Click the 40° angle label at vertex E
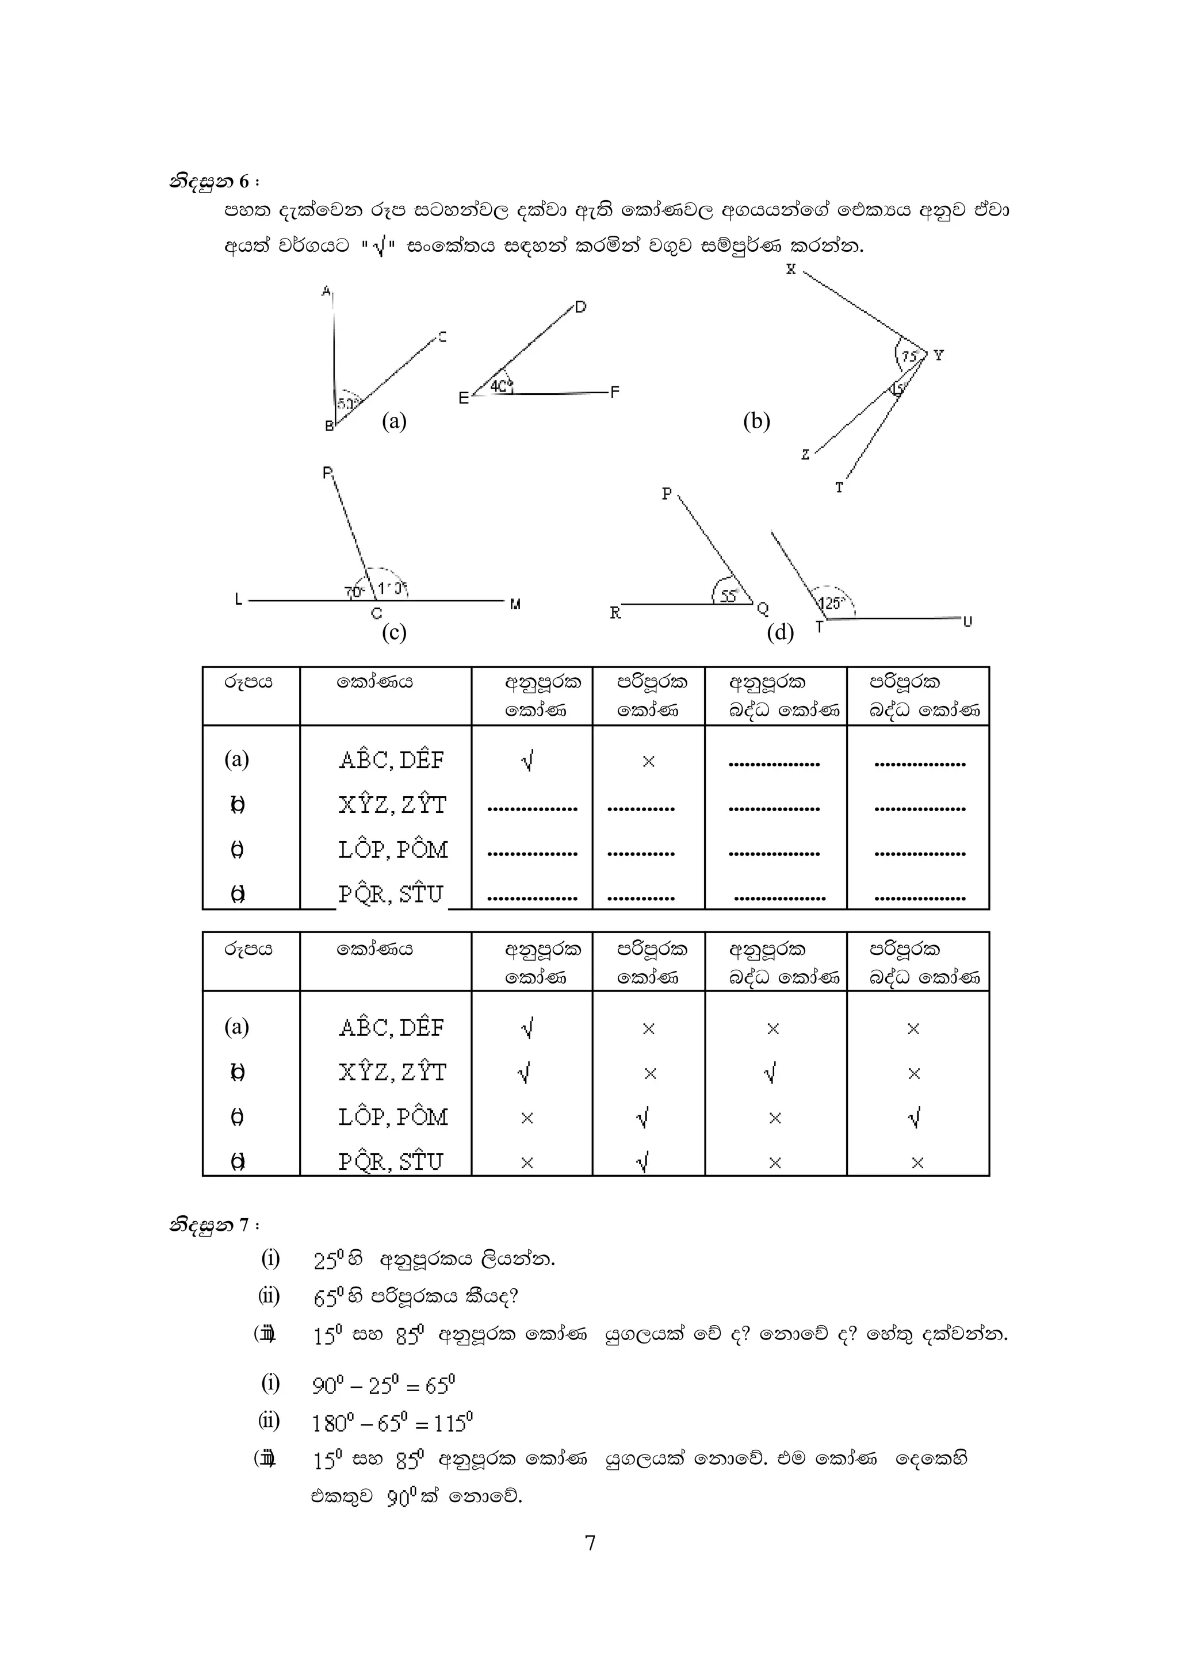[501, 386]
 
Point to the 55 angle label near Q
[729, 596]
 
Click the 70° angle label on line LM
[354, 592]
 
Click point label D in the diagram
[580, 307]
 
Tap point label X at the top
[790, 269]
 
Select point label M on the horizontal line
[515, 604]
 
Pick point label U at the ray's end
[967, 621]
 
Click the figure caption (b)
[756, 421]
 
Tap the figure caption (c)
[394, 633]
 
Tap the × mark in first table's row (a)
[649, 761]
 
